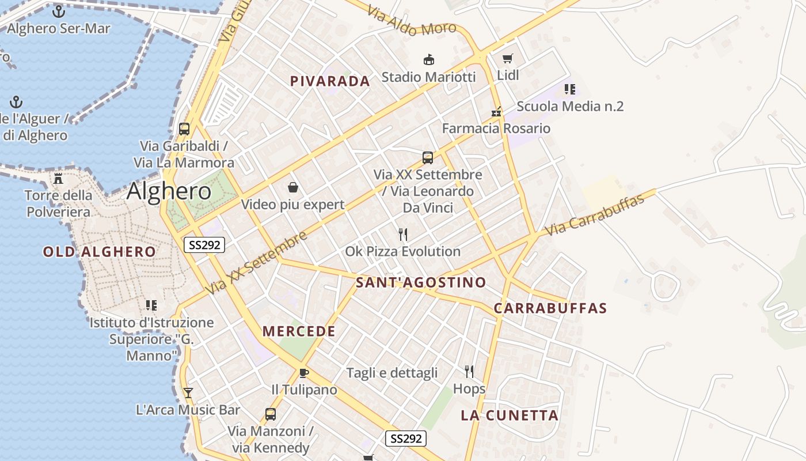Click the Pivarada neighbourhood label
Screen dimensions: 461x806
[330, 81]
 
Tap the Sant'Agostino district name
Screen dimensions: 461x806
[421, 282]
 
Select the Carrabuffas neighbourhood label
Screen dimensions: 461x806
[550, 308]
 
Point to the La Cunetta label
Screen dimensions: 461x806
[510, 415]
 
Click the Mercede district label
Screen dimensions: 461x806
[299, 331]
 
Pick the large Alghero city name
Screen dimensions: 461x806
[169, 191]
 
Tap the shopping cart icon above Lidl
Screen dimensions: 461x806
[507, 59]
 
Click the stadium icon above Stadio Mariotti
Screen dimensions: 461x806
[428, 59]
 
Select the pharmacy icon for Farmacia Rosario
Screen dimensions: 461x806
[496, 112]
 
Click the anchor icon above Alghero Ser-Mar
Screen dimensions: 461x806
[58, 11]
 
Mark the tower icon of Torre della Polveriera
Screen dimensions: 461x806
[58, 178]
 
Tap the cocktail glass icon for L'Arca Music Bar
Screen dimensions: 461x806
[188, 393]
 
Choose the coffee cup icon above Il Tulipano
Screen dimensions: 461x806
[304, 373]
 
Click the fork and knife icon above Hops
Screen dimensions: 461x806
[469, 372]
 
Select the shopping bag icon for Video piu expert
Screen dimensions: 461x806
[292, 187]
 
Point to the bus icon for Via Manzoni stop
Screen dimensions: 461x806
[270, 414]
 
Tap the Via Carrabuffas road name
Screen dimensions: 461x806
[594, 215]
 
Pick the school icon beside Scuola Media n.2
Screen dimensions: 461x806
[569, 89]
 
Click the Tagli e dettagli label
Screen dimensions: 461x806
[391, 373]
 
